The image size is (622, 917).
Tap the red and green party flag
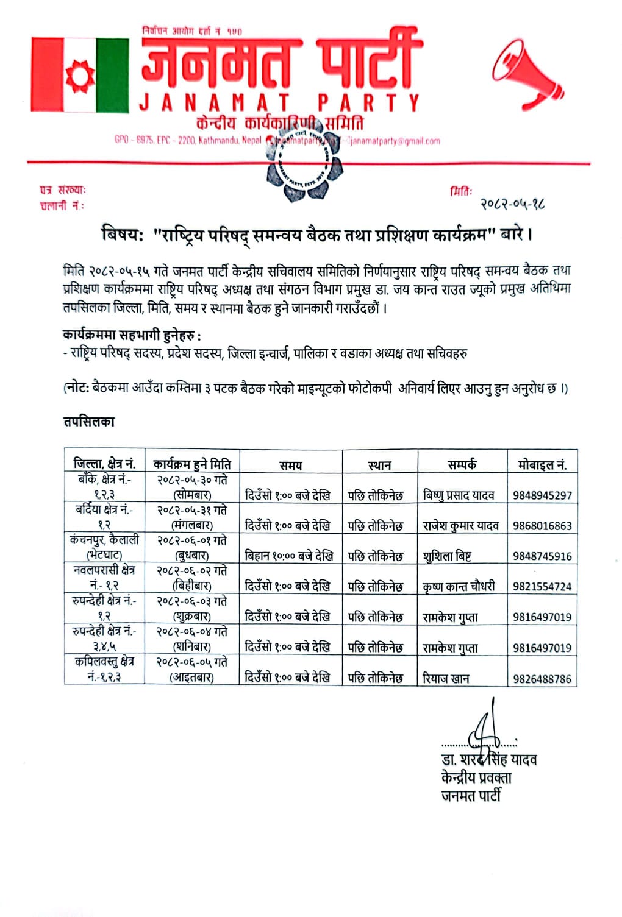click(80, 75)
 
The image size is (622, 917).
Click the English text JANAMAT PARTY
click(280, 103)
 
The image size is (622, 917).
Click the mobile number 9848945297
click(542, 495)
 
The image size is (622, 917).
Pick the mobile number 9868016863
click(542, 526)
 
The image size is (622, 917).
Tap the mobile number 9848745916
click(542, 556)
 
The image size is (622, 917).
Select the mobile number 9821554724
click(542, 587)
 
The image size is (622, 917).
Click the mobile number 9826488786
click(542, 678)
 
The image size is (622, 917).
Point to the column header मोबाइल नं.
click(542, 465)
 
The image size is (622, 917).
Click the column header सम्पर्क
click(462, 465)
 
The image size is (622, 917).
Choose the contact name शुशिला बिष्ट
click(447, 556)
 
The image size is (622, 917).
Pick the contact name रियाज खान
click(446, 678)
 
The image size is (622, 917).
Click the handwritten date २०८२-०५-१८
click(512, 204)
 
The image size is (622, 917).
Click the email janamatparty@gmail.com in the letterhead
click(395, 141)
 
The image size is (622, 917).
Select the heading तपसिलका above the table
click(89, 422)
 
